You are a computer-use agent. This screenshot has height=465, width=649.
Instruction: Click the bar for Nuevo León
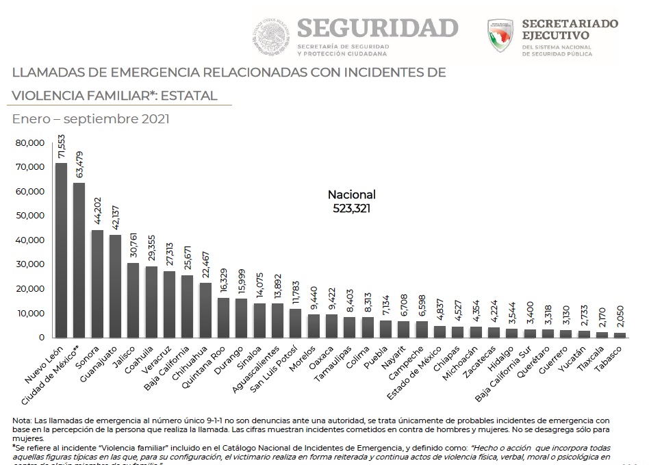pyautogui.click(x=61, y=250)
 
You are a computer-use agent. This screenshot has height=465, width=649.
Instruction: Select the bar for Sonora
pyautogui.click(x=97, y=284)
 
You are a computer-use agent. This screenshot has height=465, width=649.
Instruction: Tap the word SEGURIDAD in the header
pyautogui.click(x=377, y=27)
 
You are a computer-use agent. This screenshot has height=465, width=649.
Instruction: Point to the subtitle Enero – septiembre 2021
pyautogui.click(x=90, y=118)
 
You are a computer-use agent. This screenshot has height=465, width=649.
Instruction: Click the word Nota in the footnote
pyautogui.click(x=22, y=420)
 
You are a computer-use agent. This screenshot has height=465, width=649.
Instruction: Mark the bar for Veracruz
pyautogui.click(x=168, y=304)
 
